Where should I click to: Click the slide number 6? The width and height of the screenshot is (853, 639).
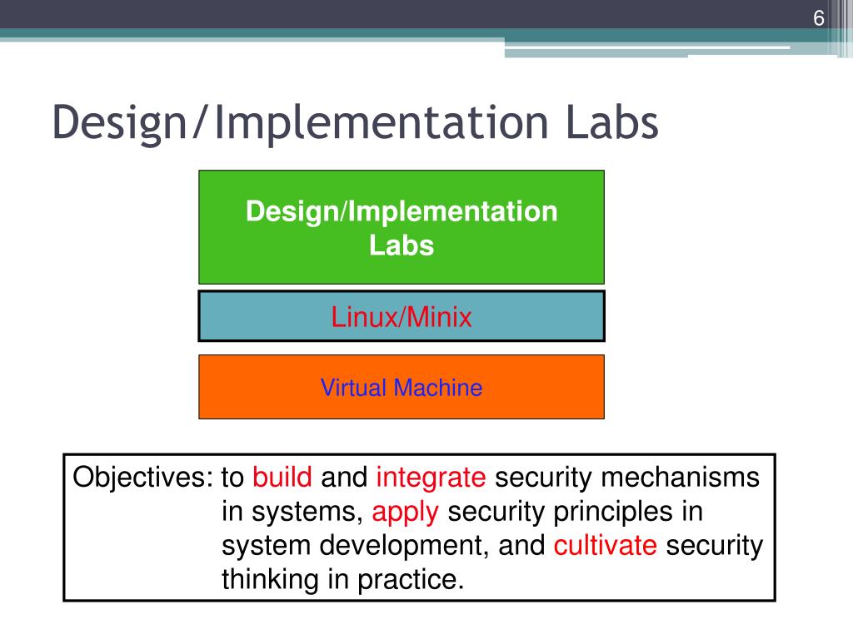click(x=819, y=19)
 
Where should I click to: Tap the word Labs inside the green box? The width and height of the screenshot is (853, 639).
click(x=402, y=246)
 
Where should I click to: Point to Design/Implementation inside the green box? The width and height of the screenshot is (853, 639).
click(x=402, y=211)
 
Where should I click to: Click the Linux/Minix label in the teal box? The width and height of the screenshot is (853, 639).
click(x=402, y=317)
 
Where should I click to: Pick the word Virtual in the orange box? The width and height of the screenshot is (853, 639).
click(x=354, y=388)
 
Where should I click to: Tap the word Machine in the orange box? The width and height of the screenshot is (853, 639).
click(x=438, y=388)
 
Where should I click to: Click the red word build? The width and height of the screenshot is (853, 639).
click(x=282, y=478)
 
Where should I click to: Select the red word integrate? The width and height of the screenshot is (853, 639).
click(x=431, y=478)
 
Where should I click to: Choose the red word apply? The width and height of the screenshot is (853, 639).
click(x=405, y=512)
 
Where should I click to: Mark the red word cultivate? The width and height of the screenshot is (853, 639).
click(x=606, y=546)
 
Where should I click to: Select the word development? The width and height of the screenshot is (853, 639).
click(x=402, y=546)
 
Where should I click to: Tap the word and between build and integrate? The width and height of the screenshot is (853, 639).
click(x=344, y=478)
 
